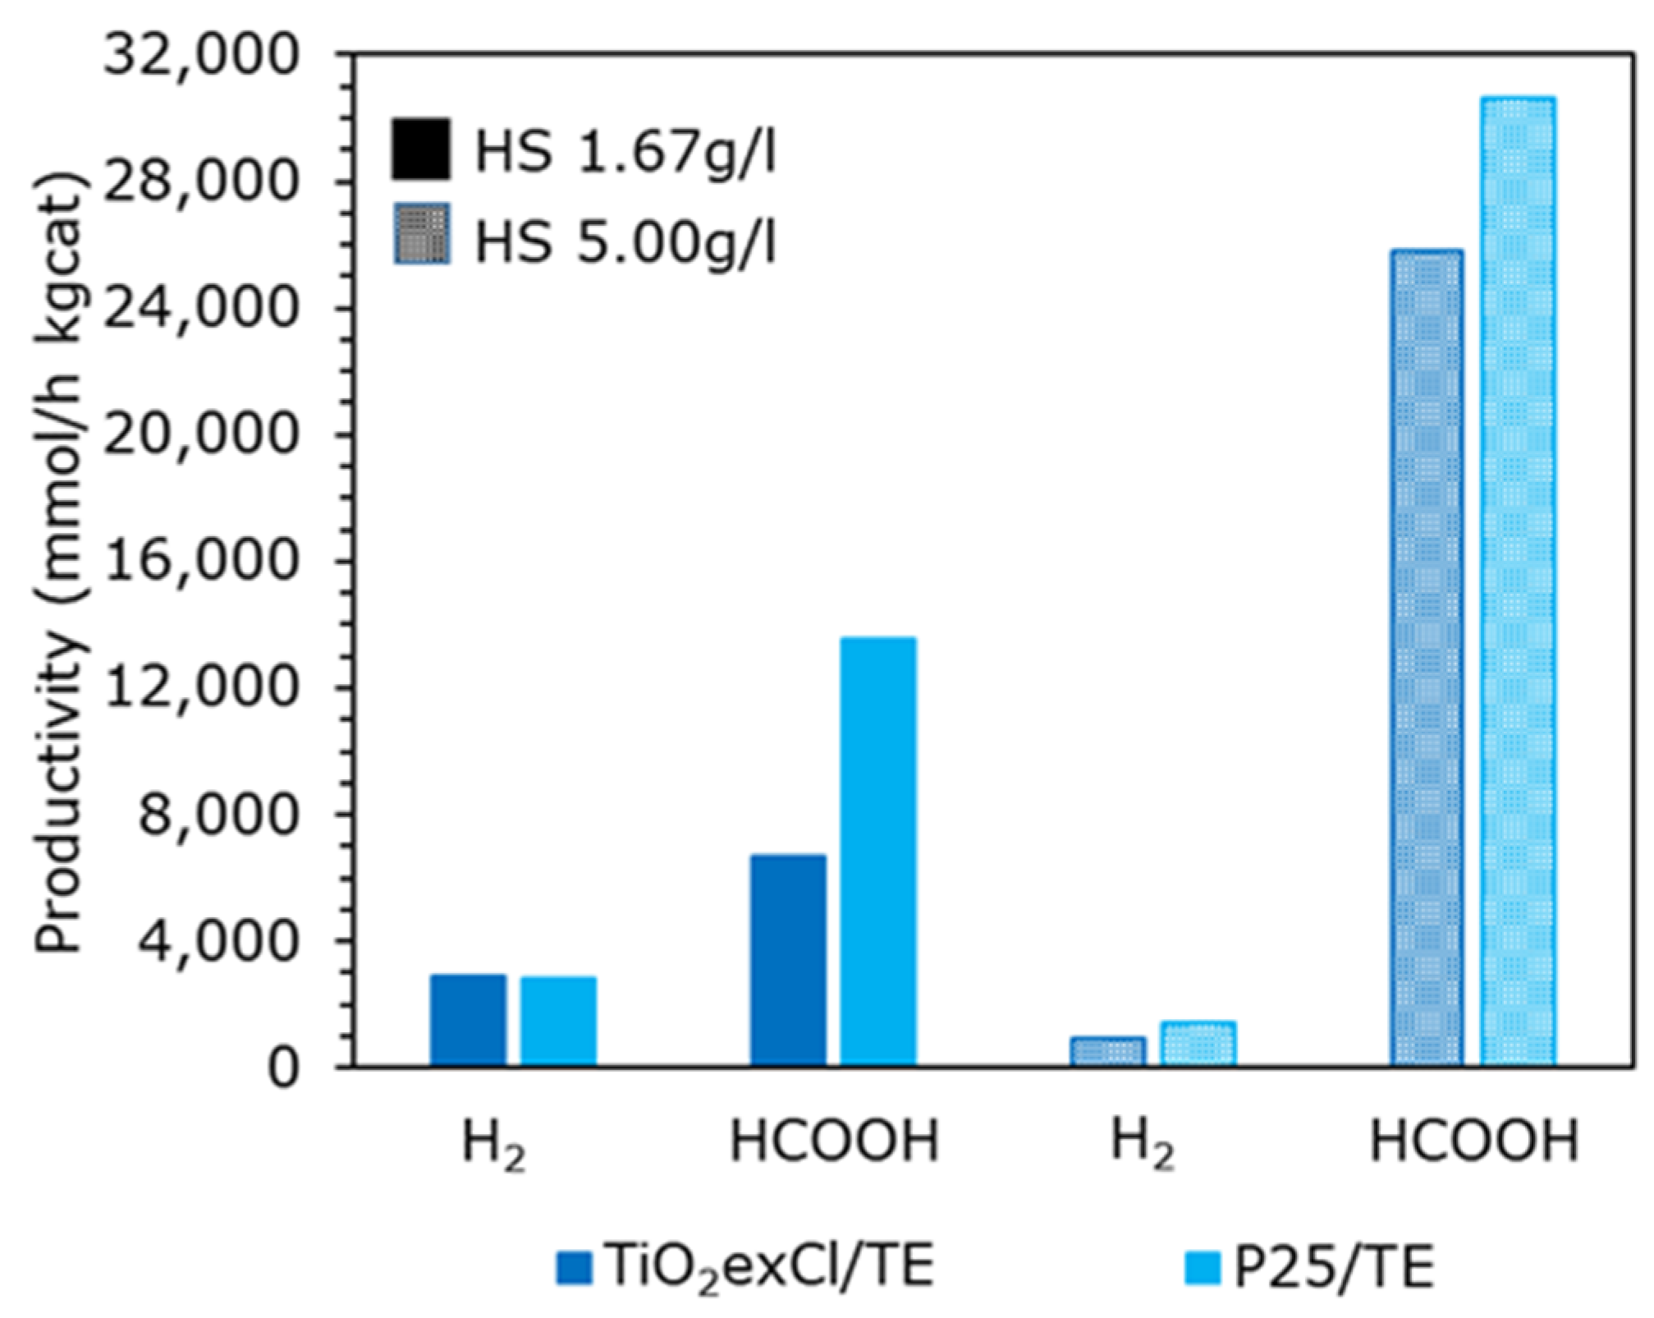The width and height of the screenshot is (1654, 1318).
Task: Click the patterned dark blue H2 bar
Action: (x=1107, y=1051)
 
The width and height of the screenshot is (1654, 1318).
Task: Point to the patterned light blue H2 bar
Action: (x=1198, y=1044)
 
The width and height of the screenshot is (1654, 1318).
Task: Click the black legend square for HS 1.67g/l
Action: (x=420, y=149)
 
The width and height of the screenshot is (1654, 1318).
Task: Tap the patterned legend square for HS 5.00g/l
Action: (x=421, y=234)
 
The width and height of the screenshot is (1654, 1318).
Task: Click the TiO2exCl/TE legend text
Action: (x=769, y=1266)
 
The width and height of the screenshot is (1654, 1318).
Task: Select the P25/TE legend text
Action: (x=1334, y=1266)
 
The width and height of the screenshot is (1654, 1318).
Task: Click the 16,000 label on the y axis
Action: (x=199, y=562)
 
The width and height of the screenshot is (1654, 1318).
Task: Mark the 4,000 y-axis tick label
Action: (x=215, y=941)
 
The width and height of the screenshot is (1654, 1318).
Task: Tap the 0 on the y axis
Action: (x=282, y=1068)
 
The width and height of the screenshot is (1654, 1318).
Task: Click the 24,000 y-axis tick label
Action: (x=199, y=309)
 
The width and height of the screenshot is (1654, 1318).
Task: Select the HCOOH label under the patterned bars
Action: (x=1473, y=1141)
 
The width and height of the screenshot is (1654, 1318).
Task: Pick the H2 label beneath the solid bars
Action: (x=493, y=1144)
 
